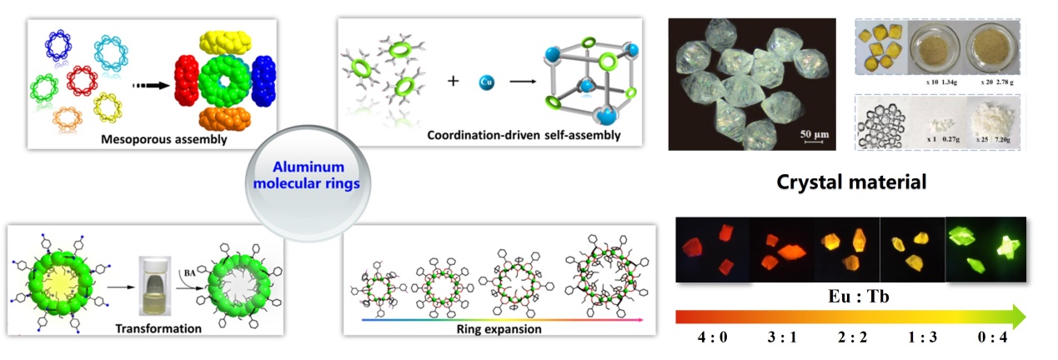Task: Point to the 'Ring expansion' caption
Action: point(505,328)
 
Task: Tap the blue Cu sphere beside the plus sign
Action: point(486,82)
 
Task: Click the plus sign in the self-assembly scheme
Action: point(453,82)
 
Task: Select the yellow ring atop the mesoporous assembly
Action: point(218,42)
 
